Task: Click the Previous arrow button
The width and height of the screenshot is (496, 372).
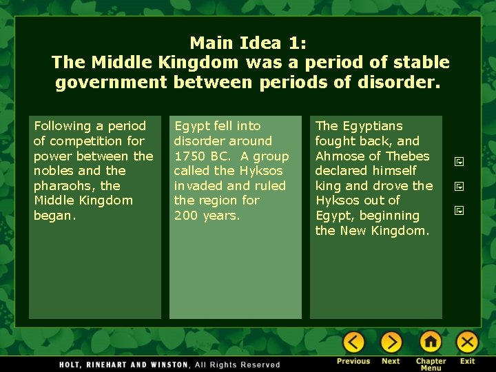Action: tap(353, 342)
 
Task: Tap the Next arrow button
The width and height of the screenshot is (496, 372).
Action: tap(391, 342)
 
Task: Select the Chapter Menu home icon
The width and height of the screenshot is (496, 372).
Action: tap(431, 342)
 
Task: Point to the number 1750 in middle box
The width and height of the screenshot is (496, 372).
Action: tap(188, 156)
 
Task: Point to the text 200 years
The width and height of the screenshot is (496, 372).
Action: tap(207, 216)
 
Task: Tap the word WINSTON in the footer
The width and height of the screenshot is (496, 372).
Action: tap(165, 364)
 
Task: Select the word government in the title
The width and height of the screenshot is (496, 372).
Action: tap(112, 83)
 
